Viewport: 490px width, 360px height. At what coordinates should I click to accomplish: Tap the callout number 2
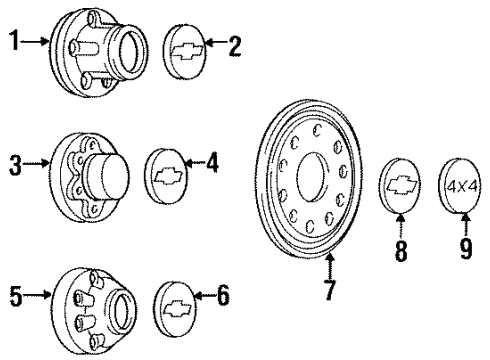[x=235, y=47]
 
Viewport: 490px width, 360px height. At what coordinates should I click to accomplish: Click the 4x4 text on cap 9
[x=460, y=185]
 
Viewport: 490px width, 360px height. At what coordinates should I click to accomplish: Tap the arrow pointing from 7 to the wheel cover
[x=329, y=268]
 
